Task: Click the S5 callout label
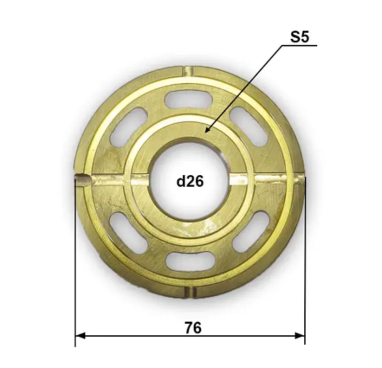click(299, 37)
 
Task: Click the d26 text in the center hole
click(190, 181)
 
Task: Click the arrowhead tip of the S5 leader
click(205, 133)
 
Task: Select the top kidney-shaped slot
click(188, 99)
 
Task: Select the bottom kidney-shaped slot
click(190, 262)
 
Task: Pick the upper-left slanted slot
click(129, 127)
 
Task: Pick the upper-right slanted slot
click(249, 127)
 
